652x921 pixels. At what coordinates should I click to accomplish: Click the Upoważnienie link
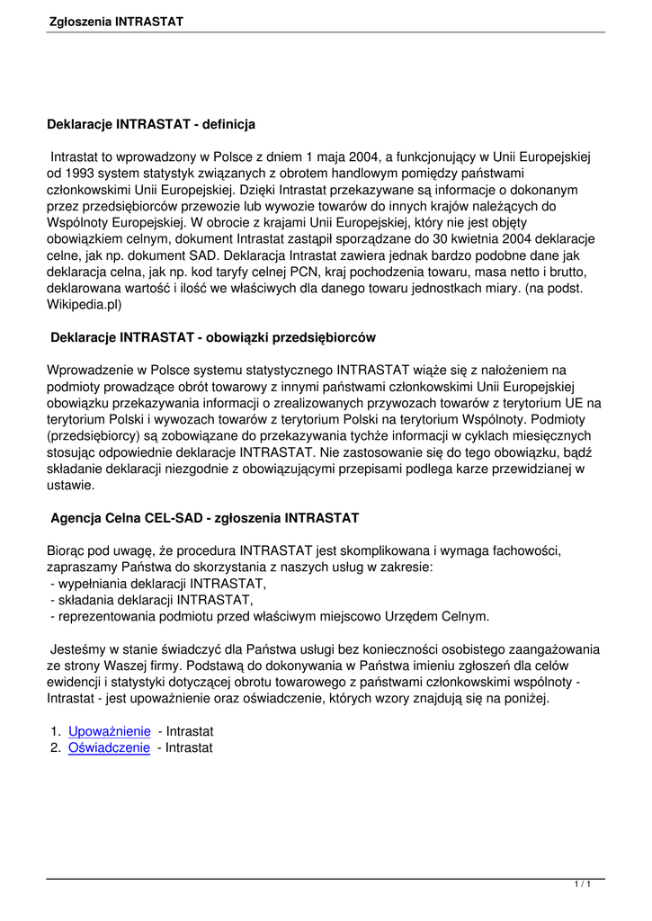click(109, 732)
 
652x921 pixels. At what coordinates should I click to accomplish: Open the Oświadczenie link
click(109, 748)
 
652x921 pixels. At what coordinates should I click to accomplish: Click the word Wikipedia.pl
click(84, 304)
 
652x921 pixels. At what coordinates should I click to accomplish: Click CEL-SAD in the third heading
click(186, 518)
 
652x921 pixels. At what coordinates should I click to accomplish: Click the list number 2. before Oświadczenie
click(56, 748)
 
